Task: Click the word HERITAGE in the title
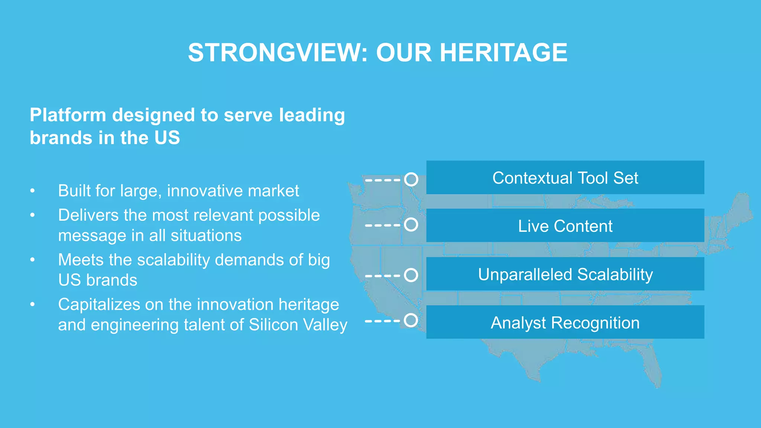tap(503, 52)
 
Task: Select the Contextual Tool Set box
tap(565, 178)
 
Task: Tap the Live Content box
tap(565, 226)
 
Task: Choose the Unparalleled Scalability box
tap(565, 274)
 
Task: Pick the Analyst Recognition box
tap(565, 322)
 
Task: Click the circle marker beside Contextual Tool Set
tap(411, 179)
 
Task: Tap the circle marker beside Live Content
tap(411, 224)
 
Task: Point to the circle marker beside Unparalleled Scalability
tap(411, 275)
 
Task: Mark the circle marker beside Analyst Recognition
tap(411, 320)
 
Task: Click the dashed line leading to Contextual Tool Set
tap(383, 180)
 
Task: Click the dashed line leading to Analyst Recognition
tap(383, 321)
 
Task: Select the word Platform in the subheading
tap(68, 115)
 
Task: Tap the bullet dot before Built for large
tap(33, 191)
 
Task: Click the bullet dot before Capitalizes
tap(33, 305)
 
